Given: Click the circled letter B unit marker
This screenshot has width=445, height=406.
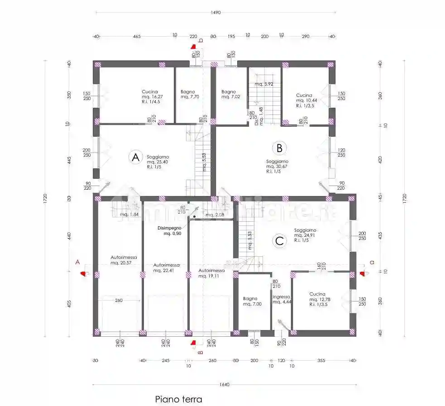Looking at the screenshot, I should pyautogui.click(x=279, y=148).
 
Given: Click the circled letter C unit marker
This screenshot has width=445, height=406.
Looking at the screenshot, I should pyautogui.click(x=279, y=241).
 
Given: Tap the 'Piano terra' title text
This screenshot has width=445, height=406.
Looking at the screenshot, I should pyautogui.click(x=178, y=399).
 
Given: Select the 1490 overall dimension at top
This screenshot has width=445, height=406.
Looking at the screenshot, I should pyautogui.click(x=215, y=13).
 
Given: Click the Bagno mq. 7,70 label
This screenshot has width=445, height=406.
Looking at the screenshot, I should pyautogui.click(x=187, y=94).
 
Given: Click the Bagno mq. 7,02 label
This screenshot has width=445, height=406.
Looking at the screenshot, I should pyautogui.click(x=229, y=94).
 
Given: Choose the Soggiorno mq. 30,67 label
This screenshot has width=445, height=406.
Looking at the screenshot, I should pyautogui.click(x=277, y=166).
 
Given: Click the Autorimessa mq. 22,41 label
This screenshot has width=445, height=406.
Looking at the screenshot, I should pyautogui.click(x=166, y=268).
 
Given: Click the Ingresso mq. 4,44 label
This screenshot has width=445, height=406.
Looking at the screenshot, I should pyautogui.click(x=281, y=299).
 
